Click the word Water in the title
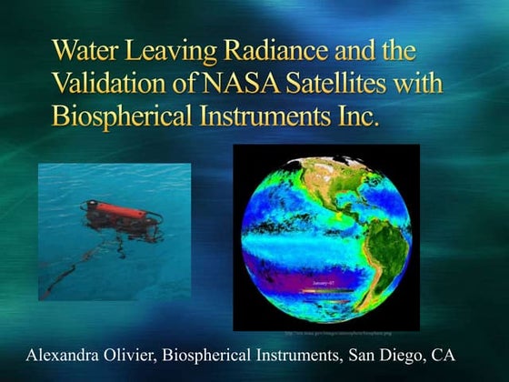click(x=84, y=48)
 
